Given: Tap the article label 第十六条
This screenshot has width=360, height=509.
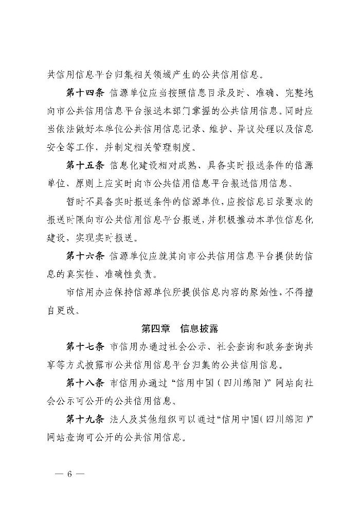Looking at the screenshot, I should (x=85, y=255).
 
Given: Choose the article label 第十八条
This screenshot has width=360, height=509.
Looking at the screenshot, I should (x=85, y=383).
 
